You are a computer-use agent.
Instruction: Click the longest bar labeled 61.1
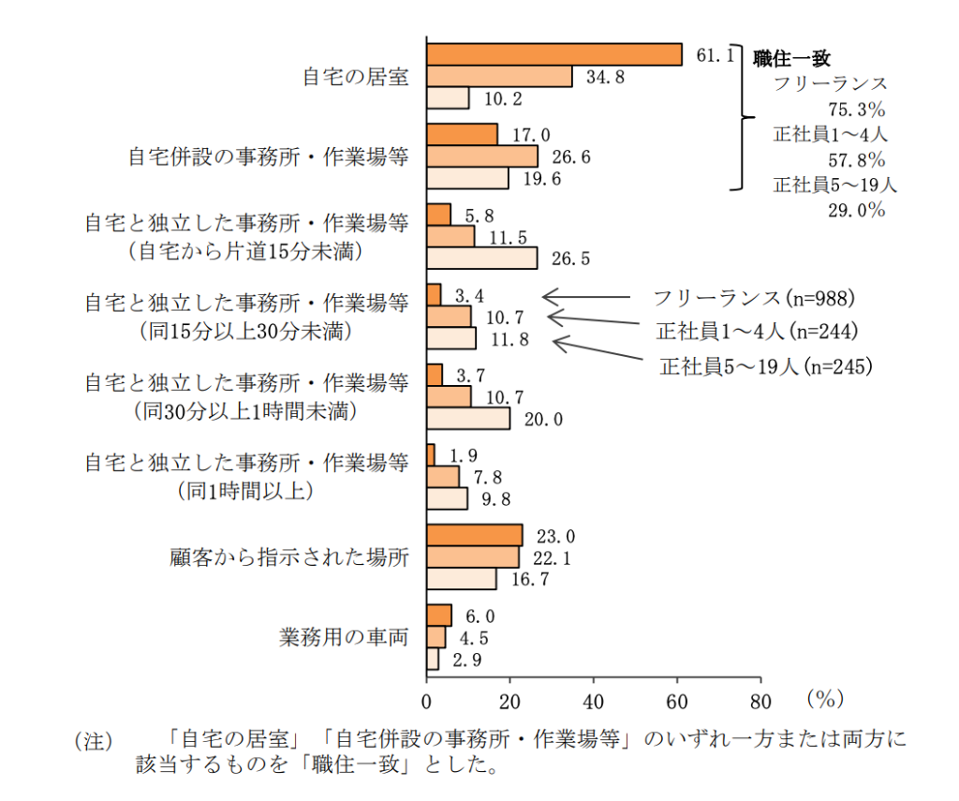[x=554, y=55]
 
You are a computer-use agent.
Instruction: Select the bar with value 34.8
[x=499, y=77]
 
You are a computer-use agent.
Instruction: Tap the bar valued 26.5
[x=482, y=259]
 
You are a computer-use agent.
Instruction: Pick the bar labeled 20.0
[x=468, y=419]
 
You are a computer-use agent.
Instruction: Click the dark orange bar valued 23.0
[x=475, y=535]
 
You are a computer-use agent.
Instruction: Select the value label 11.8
[x=509, y=339]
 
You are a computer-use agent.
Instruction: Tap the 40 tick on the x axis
[x=594, y=701]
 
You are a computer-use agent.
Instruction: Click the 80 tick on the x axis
[x=760, y=701]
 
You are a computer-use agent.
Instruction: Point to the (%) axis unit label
[x=824, y=699]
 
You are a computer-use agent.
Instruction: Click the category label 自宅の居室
[x=355, y=78]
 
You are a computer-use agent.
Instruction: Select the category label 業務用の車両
[x=344, y=638]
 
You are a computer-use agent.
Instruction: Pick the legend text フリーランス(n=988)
[x=755, y=299]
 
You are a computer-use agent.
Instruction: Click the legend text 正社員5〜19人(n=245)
[x=766, y=366]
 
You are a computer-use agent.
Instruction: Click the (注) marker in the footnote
[x=93, y=741]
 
